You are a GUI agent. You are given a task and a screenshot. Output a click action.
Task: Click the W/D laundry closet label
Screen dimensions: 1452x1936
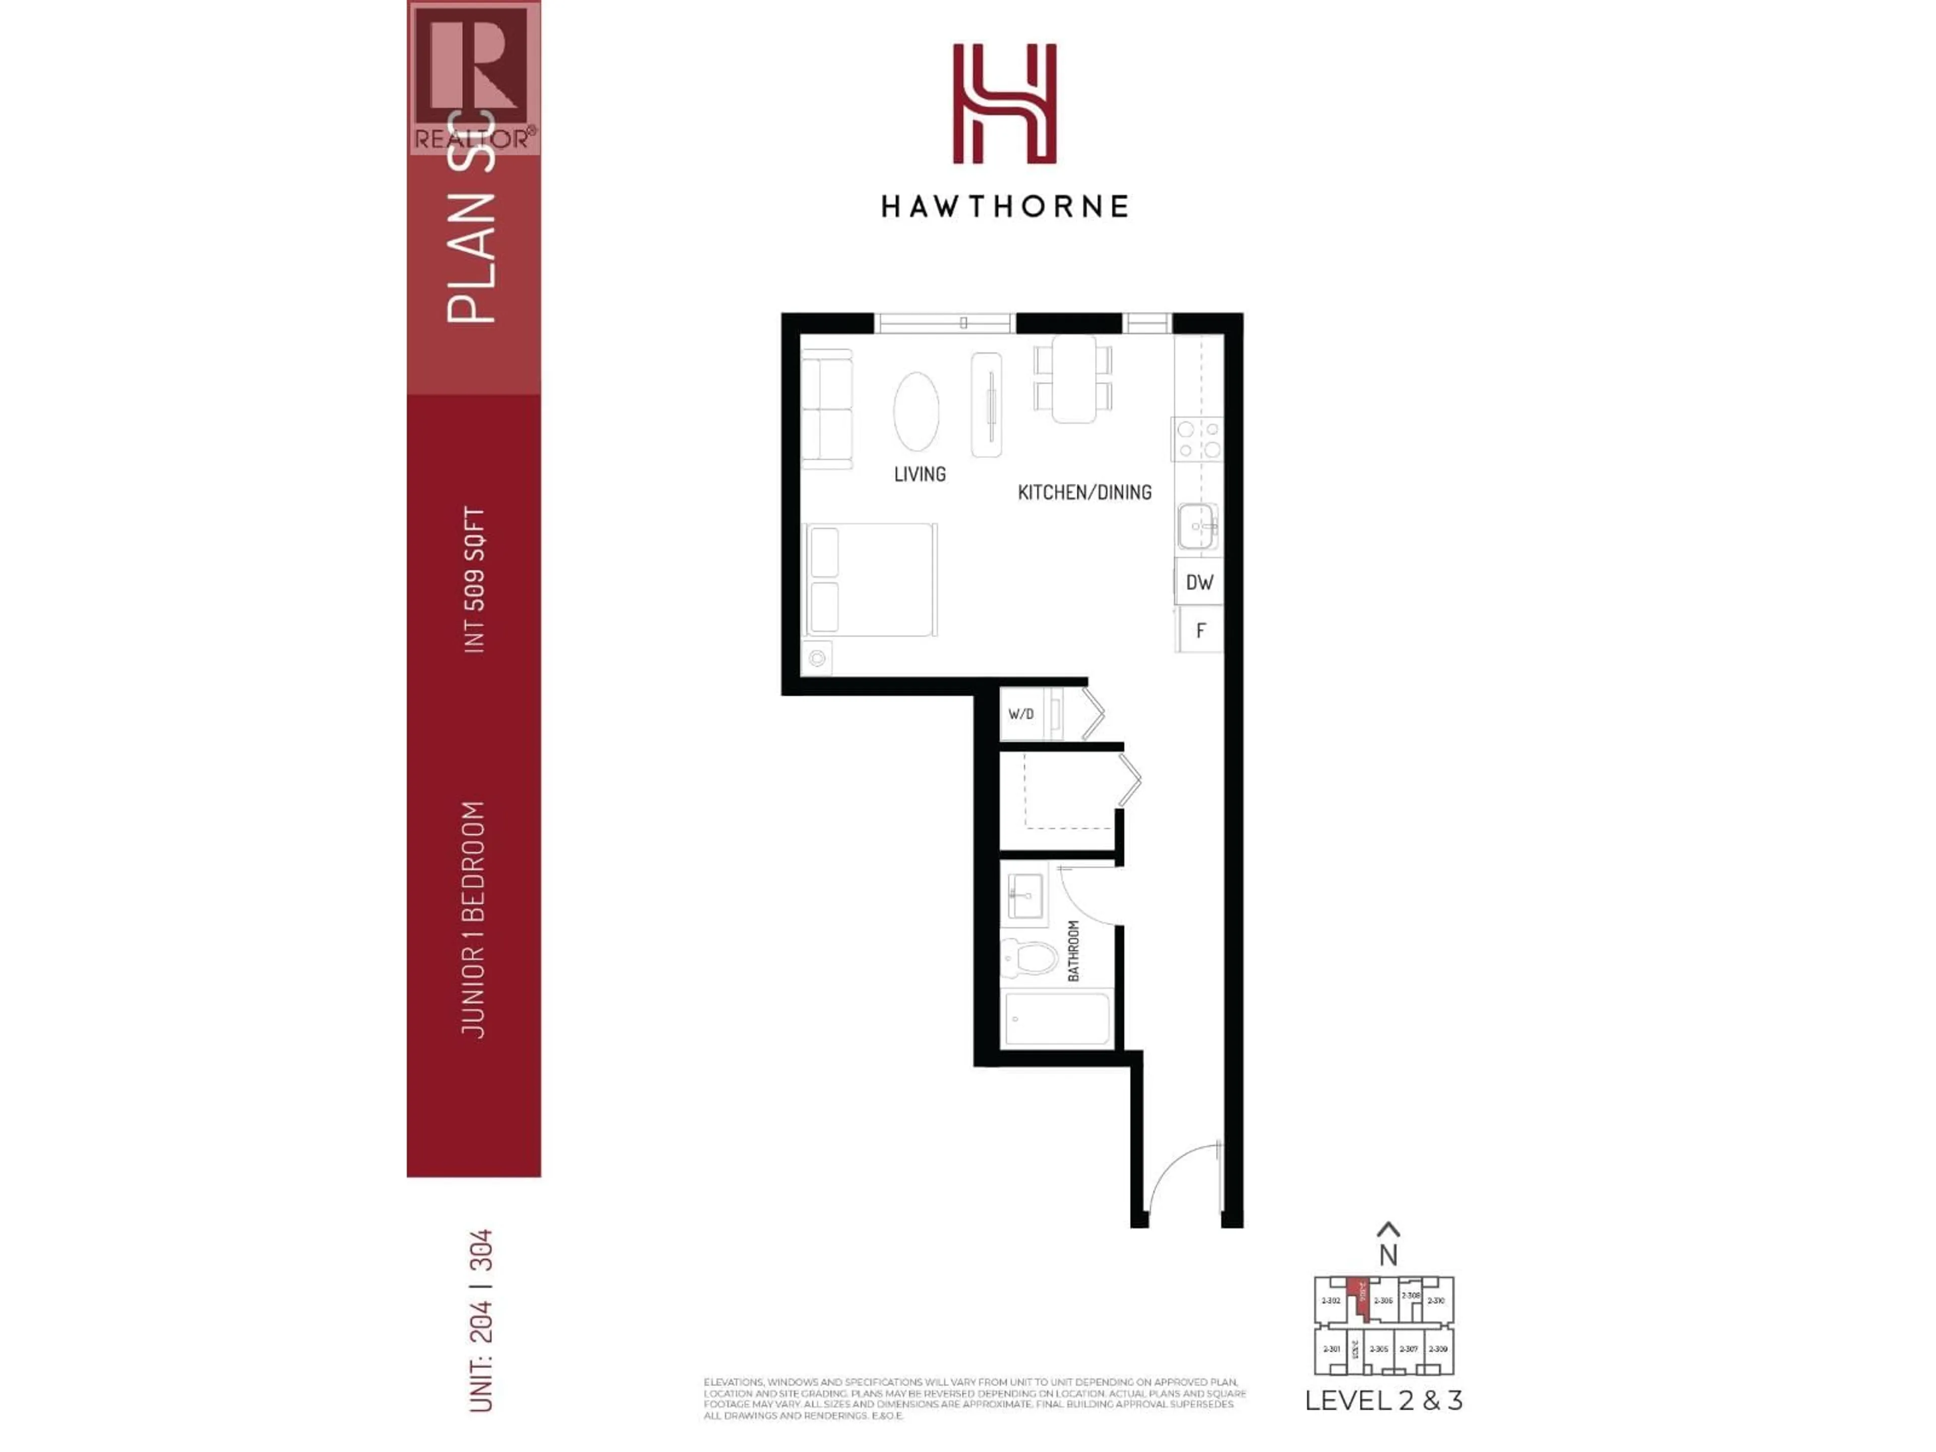(1020, 714)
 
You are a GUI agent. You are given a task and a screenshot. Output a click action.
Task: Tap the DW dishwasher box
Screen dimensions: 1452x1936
(1199, 582)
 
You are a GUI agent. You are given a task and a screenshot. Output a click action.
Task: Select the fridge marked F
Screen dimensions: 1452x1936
(1200, 630)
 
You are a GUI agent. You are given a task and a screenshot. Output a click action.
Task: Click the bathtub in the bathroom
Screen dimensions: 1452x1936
(1057, 1019)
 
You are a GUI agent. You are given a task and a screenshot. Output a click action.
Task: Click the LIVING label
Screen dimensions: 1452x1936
(920, 474)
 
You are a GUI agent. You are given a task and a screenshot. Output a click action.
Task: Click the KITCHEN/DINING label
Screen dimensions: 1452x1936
(1084, 493)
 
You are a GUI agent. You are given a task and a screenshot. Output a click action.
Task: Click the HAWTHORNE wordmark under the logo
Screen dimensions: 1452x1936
(1004, 207)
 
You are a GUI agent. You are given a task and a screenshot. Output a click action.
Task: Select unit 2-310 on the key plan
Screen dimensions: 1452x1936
(1436, 1301)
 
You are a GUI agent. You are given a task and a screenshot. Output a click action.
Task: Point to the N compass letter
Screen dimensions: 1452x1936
(1388, 1255)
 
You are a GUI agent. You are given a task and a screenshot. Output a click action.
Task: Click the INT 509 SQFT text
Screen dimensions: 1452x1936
(473, 579)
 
